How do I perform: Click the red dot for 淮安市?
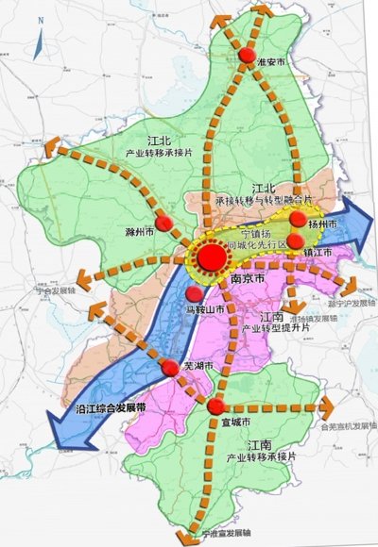(246, 56)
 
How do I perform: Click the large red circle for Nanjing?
(214, 257)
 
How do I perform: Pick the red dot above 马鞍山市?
(194, 294)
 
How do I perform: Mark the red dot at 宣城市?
(215, 407)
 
